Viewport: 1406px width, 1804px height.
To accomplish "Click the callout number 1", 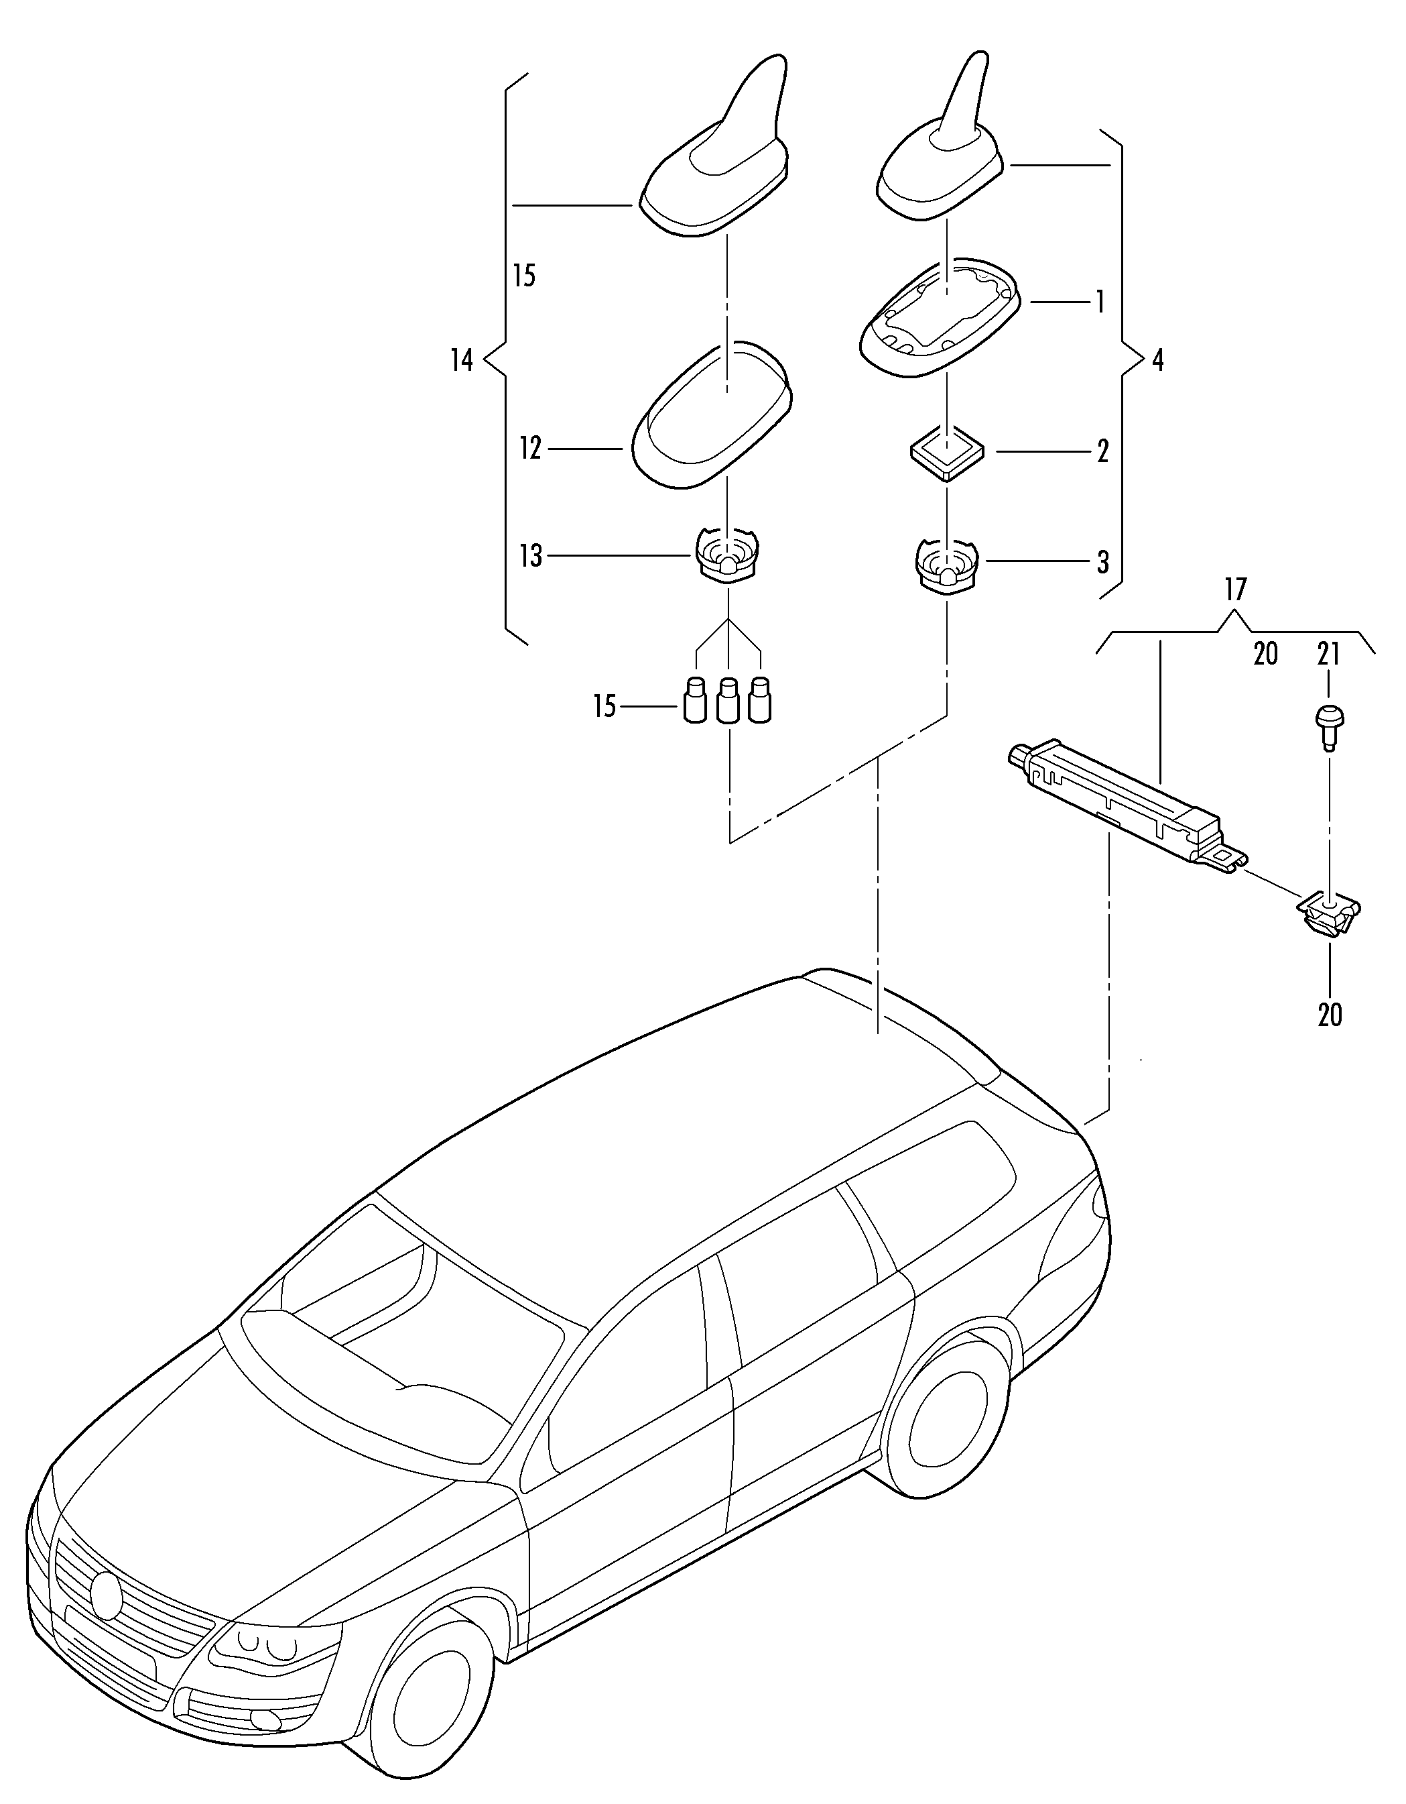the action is point(1100,303).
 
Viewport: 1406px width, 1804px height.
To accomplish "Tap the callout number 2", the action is point(1102,452).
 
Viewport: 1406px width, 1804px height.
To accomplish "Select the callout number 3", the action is point(1102,563).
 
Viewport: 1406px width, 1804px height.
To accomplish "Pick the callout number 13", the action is point(530,556).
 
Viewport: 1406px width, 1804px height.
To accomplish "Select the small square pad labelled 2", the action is point(947,452).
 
